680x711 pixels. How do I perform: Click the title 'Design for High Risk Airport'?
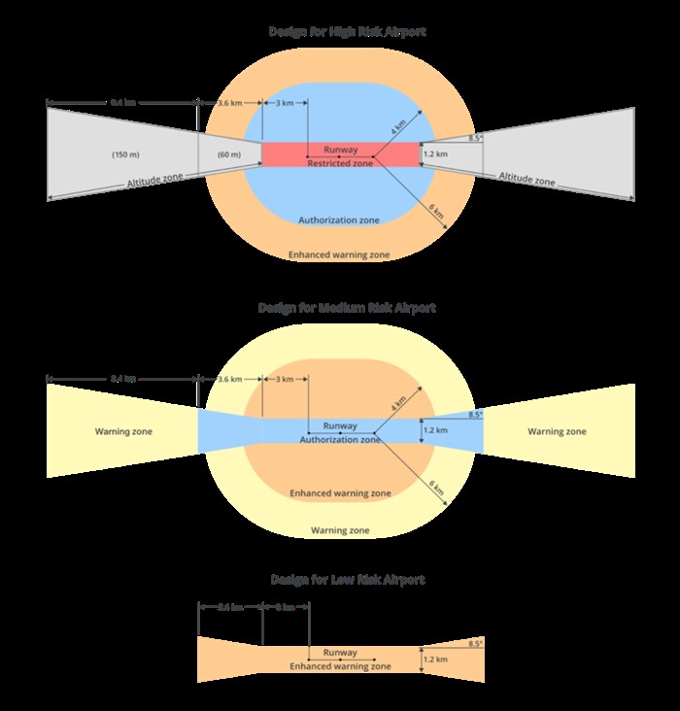click(x=347, y=32)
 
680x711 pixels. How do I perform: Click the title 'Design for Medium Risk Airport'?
click(x=347, y=307)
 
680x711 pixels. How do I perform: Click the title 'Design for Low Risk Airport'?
click(x=347, y=580)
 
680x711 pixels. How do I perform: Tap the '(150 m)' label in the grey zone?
click(x=125, y=154)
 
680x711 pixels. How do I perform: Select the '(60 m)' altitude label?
click(x=229, y=154)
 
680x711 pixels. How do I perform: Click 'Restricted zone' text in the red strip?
click(x=340, y=163)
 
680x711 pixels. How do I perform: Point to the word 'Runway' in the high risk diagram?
click(x=340, y=150)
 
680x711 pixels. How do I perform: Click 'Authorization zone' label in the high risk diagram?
click(x=339, y=220)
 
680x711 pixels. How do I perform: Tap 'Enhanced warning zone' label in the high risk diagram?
click(x=339, y=254)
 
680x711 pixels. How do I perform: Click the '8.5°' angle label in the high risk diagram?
click(x=474, y=139)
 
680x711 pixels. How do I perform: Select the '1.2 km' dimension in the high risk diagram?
click(x=435, y=154)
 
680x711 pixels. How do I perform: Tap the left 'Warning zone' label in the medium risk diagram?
click(x=123, y=431)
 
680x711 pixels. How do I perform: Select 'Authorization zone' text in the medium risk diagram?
click(x=340, y=440)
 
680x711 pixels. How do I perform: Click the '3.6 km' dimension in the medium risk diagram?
click(x=229, y=378)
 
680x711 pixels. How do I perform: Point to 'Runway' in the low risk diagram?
click(x=340, y=653)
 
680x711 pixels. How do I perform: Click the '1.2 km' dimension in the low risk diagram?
click(x=435, y=660)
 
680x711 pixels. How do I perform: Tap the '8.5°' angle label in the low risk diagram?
click(x=474, y=643)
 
